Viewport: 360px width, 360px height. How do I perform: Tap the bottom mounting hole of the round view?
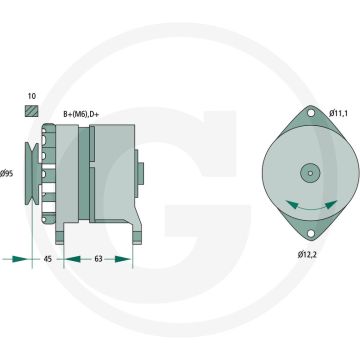[307, 234]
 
